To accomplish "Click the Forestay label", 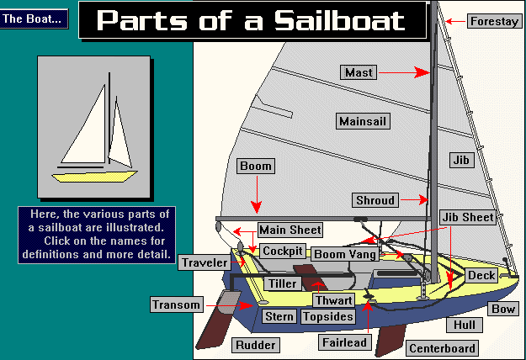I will click(x=494, y=21).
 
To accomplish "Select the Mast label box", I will click(x=359, y=72).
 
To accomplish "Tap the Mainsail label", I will click(x=364, y=122).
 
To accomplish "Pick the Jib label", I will click(x=460, y=159).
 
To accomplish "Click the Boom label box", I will click(x=256, y=167).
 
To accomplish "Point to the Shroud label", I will click(x=375, y=200).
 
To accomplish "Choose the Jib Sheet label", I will click(x=468, y=217).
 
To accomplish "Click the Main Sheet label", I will click(x=289, y=230).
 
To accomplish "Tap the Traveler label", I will click(x=203, y=262).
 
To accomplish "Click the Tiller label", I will click(x=283, y=283).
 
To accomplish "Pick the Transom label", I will click(x=177, y=304).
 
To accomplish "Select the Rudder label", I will click(x=255, y=344).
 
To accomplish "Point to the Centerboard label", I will click(x=443, y=348).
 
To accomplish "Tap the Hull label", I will click(x=465, y=325).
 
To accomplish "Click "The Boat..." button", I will click(x=35, y=19).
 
